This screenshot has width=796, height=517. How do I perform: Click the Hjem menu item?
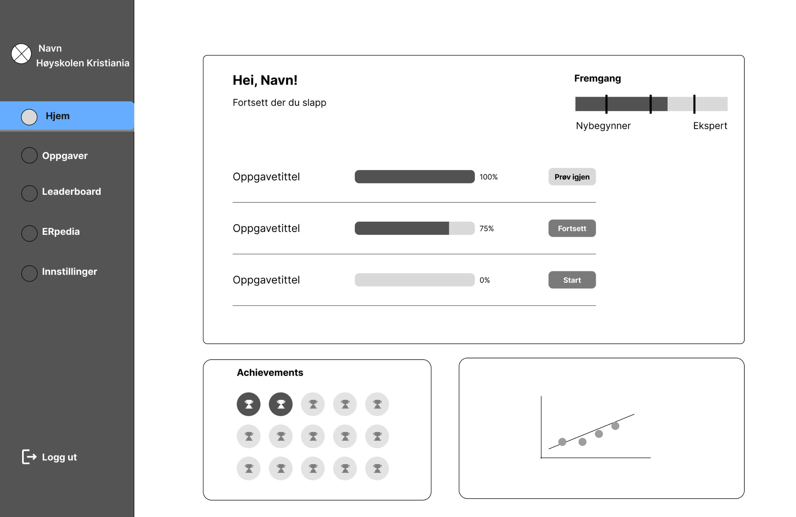(67, 116)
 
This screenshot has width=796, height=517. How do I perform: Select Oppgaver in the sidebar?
(64, 156)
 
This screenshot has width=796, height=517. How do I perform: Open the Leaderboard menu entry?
(71, 191)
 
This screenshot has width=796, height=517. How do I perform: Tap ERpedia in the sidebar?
(61, 231)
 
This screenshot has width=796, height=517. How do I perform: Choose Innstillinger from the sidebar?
(69, 272)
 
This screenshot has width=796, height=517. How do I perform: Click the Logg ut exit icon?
(29, 457)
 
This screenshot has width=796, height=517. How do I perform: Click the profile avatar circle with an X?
(21, 53)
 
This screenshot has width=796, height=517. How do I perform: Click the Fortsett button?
(572, 228)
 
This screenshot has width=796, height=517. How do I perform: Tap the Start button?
(572, 280)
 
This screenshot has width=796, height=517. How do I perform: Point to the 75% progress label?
(487, 228)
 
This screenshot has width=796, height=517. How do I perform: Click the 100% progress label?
(489, 177)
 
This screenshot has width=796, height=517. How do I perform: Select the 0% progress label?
(485, 280)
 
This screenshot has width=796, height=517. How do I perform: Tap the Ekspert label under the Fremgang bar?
(710, 126)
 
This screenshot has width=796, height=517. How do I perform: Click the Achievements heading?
(270, 372)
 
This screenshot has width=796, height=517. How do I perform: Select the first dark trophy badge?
(249, 404)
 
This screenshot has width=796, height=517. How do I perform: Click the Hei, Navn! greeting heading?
(265, 80)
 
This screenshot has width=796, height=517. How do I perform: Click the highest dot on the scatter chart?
(615, 426)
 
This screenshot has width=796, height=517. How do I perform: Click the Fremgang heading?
(597, 78)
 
